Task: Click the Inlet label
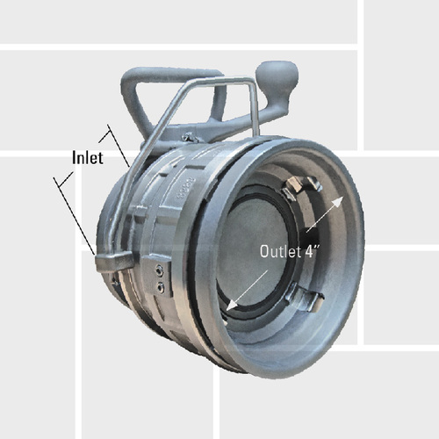(x=88, y=158)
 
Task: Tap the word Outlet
(x=278, y=250)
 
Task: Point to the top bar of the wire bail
(x=211, y=83)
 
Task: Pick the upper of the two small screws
(x=157, y=270)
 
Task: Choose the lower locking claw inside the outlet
(x=307, y=299)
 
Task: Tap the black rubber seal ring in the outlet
(x=241, y=219)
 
